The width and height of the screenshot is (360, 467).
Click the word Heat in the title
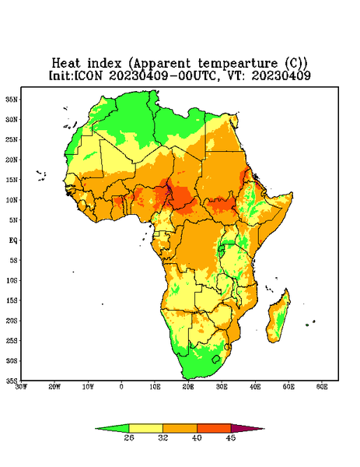tap(66, 64)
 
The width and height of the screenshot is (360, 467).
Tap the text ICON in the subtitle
tap(88, 75)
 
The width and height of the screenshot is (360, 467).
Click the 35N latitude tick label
tap(12, 99)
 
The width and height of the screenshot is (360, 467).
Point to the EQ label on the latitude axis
tap(13, 240)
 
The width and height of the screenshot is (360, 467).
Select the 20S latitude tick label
tap(12, 321)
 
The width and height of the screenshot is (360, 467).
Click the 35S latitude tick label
tap(12, 381)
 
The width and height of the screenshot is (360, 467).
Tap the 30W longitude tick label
tap(21, 387)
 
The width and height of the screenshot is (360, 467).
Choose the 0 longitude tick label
tap(121, 387)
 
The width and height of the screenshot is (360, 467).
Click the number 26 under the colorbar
tap(129, 437)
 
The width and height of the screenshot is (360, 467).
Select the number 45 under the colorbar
tap(231, 437)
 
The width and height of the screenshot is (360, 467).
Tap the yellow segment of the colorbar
tap(145, 428)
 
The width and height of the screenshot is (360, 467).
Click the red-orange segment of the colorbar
tap(214, 428)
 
